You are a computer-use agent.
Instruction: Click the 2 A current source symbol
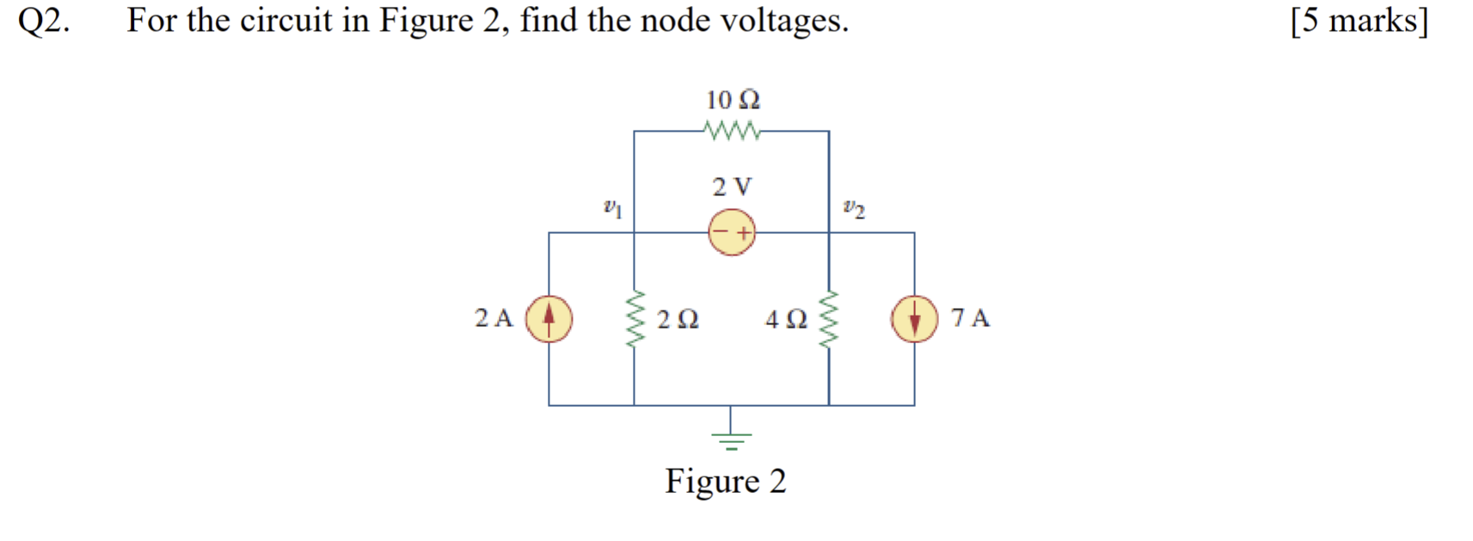[x=549, y=318]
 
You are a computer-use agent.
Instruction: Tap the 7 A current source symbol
[x=914, y=318]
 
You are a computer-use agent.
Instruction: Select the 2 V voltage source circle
[x=732, y=232]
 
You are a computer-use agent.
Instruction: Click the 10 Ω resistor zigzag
[x=732, y=132]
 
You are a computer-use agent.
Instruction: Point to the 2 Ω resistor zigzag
[x=635, y=318]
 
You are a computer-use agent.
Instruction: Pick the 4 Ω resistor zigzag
[x=829, y=318]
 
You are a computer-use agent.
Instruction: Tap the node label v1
[x=612, y=207]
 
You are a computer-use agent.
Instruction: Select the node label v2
[x=854, y=207]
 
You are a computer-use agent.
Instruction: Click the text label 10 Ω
[x=733, y=100]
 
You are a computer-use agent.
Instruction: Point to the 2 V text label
[x=732, y=186]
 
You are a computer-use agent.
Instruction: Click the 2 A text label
[x=494, y=318]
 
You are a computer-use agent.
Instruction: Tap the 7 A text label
[x=970, y=318]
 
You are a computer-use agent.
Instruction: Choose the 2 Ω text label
[x=678, y=319]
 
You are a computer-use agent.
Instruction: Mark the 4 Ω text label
[x=786, y=319]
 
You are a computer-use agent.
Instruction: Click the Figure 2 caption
[x=726, y=481]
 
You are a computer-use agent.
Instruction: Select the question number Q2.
[x=44, y=21]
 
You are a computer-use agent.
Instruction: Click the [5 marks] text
[x=1359, y=21]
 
